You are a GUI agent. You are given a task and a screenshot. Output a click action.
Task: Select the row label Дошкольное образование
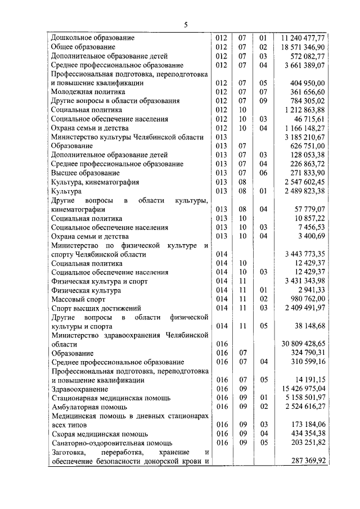pos(93,38)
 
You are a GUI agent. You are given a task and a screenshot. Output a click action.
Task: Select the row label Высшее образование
pos(85,173)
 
